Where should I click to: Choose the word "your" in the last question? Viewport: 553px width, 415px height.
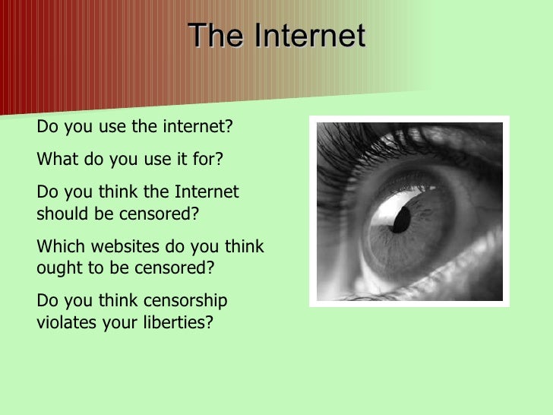click(x=113, y=322)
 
